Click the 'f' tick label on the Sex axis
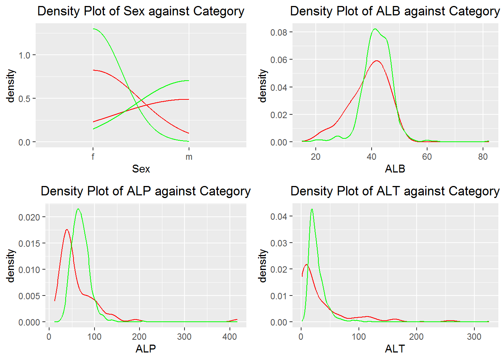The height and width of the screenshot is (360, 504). tap(93, 157)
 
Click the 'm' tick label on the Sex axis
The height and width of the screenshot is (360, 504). tap(189, 157)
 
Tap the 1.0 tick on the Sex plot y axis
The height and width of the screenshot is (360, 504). tap(24, 55)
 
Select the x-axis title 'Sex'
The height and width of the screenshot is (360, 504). tap(141, 169)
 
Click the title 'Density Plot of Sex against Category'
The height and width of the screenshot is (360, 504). tap(141, 11)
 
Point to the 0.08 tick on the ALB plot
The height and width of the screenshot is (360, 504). tap(279, 32)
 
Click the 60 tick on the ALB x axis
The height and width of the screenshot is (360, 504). tap(427, 157)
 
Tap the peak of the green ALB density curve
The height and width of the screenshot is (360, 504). tap(375, 29)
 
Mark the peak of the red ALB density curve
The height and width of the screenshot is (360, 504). tap(376, 61)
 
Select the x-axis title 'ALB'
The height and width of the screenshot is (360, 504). tap(395, 169)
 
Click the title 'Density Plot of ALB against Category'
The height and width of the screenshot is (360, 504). tap(395, 11)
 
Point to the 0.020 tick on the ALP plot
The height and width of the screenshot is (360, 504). tap(29, 217)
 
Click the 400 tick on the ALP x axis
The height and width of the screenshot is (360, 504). tap(229, 337)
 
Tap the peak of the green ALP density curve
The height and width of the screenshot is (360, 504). tap(78, 209)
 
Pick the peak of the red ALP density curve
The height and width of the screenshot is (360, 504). tap(67, 229)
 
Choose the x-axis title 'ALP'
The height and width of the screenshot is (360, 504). tap(145, 349)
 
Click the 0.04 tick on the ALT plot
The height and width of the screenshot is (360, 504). tap(279, 216)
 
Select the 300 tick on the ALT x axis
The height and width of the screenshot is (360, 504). tap(474, 337)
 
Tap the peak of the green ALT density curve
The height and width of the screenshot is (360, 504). tap(312, 209)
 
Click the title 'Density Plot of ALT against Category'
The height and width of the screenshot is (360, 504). tap(395, 191)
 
